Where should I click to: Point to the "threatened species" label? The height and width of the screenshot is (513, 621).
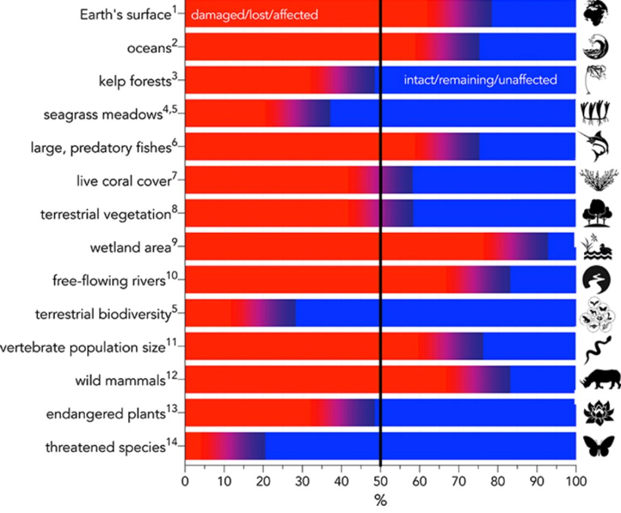click(105, 448)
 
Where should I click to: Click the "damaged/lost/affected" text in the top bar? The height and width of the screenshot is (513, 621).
click(254, 15)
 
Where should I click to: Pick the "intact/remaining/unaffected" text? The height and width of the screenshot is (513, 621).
click(480, 79)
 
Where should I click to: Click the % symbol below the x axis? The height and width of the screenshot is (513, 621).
click(380, 501)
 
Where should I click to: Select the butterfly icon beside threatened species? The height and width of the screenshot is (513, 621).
click(597, 446)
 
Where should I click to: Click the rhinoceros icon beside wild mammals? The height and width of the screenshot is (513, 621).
click(600, 380)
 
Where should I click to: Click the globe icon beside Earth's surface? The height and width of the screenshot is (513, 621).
click(597, 13)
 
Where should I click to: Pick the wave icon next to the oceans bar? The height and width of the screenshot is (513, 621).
click(597, 46)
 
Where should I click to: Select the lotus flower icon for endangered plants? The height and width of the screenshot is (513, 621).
click(597, 413)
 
